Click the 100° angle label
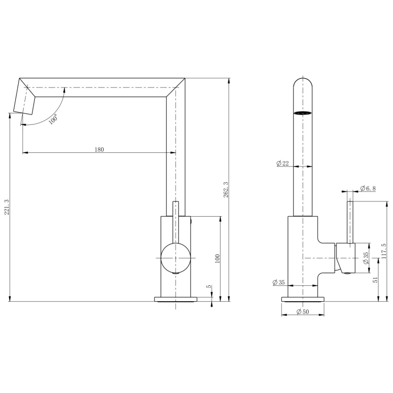click(x=53, y=119)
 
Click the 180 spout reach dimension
click(x=99, y=150)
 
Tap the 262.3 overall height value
click(x=226, y=190)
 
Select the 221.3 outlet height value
click(x=7, y=207)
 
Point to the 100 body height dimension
click(x=217, y=258)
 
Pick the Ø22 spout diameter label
click(x=282, y=164)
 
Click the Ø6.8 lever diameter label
click(x=368, y=188)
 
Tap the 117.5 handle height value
click(x=384, y=251)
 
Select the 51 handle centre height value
click(x=375, y=280)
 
